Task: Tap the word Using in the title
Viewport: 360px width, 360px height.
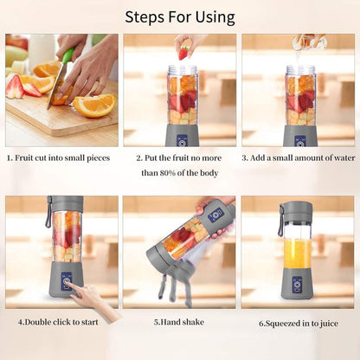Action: (215, 18)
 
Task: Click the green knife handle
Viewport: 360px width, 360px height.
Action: (67, 55)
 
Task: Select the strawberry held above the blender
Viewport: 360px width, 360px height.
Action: (184, 54)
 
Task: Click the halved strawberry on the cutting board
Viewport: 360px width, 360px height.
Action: (15, 87)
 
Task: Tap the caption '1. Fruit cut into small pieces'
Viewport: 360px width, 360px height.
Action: (59, 158)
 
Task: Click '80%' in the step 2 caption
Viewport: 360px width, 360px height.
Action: (168, 173)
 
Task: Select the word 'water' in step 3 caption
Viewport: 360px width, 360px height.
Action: (344, 158)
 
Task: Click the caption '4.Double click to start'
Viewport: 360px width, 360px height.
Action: (58, 322)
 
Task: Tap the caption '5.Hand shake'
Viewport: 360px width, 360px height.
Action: (179, 322)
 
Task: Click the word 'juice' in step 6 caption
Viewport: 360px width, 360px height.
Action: (328, 324)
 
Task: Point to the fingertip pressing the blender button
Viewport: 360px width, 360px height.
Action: (71, 288)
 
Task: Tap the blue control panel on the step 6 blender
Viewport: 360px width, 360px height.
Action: (297, 286)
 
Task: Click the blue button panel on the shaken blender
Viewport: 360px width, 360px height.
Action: (216, 215)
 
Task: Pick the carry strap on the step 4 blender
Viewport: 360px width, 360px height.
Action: (48, 212)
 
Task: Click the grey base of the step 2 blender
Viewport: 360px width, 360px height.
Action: (182, 136)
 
